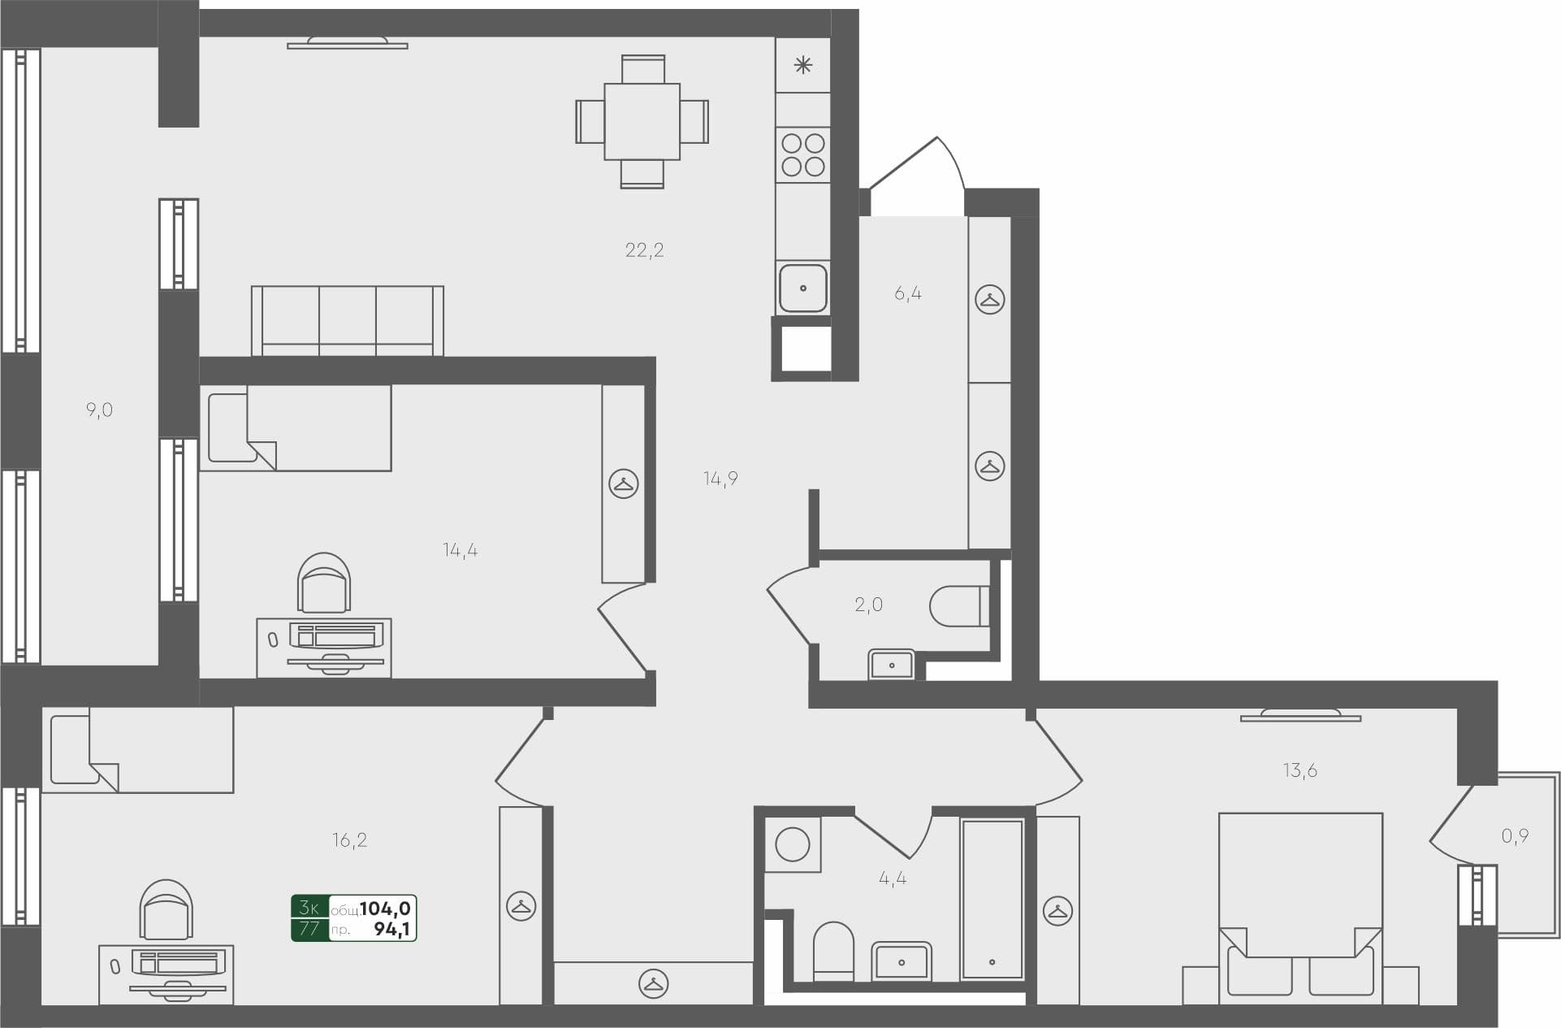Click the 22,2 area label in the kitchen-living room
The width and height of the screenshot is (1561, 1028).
pyautogui.click(x=644, y=250)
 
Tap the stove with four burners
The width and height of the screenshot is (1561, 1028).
pyautogui.click(x=802, y=155)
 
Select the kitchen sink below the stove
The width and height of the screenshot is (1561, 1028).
pyautogui.click(x=802, y=288)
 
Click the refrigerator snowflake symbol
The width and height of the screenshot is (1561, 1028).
pyautogui.click(x=802, y=66)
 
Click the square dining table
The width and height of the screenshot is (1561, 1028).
pyautogui.click(x=642, y=122)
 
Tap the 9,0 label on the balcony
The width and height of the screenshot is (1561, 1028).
pyautogui.click(x=99, y=410)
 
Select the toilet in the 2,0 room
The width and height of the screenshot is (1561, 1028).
pyautogui.click(x=958, y=606)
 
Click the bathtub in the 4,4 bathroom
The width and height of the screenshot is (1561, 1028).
pyautogui.click(x=992, y=898)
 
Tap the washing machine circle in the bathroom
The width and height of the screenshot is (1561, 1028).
pyautogui.click(x=792, y=844)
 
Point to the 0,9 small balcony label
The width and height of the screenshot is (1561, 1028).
pyautogui.click(x=1515, y=836)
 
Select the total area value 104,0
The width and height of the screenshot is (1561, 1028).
pyautogui.click(x=385, y=909)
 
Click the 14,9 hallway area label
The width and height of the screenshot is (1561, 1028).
pyautogui.click(x=720, y=479)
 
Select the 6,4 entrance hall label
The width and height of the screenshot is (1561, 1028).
pyautogui.click(x=907, y=294)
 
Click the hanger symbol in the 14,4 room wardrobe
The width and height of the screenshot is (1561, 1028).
pyautogui.click(x=623, y=484)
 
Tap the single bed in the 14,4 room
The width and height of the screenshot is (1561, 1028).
pyautogui.click(x=296, y=428)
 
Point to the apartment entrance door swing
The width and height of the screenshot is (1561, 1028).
pyautogui.click(x=918, y=175)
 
